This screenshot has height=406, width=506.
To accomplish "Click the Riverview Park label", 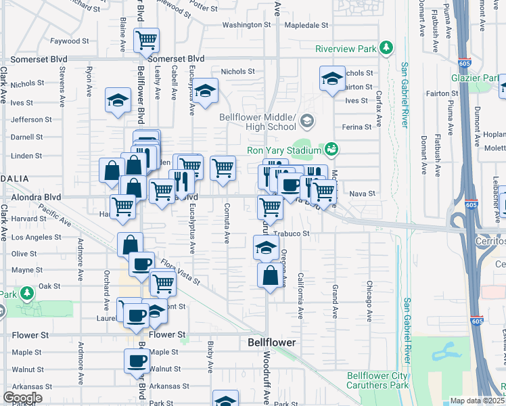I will pos(346,49).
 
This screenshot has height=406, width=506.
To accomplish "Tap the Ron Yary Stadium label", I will pos(284,150).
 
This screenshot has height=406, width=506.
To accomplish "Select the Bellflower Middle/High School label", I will pos(258,122).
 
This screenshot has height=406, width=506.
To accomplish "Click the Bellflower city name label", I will pos(271,343).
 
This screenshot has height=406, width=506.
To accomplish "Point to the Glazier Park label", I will pos(481,78).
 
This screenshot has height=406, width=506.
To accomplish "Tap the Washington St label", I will pos(246,25).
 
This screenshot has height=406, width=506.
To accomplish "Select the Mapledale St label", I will pos(306,25).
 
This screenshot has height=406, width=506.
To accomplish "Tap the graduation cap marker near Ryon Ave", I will pos(118,100).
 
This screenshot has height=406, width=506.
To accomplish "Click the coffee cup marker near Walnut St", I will pos(137,361).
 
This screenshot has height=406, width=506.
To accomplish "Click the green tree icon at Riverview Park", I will pos(386,47).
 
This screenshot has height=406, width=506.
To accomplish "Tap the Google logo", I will pos(22,398).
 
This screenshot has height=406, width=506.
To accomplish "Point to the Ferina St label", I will pos(357,127).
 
